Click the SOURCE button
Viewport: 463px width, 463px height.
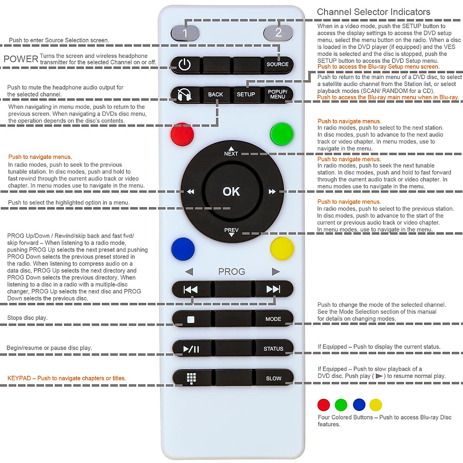click(x=277, y=64)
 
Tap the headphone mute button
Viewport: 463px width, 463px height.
click(x=184, y=95)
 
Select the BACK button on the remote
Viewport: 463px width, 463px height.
click(x=216, y=95)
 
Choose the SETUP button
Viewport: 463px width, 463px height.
click(x=246, y=95)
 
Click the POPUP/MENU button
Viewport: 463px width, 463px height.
click(x=277, y=95)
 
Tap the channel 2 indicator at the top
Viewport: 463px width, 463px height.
click(x=278, y=33)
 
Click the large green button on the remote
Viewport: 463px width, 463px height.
click(x=282, y=134)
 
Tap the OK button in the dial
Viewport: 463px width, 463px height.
click(x=231, y=191)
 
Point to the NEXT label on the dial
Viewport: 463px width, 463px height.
click(x=231, y=153)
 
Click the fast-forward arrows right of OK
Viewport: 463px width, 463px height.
click(x=272, y=192)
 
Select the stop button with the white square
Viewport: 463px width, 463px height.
click(x=191, y=319)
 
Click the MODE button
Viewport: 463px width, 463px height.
click(x=273, y=319)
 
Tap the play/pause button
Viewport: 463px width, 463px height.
click(x=191, y=349)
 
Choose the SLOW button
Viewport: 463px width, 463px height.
click(x=274, y=379)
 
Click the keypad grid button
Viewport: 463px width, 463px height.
click(x=191, y=378)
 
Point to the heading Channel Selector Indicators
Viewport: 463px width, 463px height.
click(x=373, y=12)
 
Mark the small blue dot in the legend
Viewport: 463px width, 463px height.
click(x=359, y=405)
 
